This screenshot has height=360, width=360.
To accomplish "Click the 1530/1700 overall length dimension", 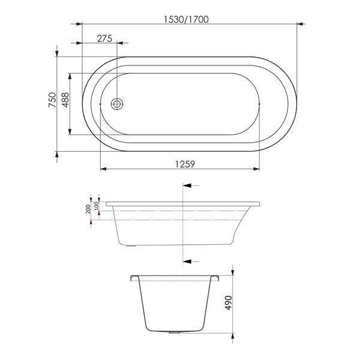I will point(186,19).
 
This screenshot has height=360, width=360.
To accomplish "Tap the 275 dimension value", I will point(104,38).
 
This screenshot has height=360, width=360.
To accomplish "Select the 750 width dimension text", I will point(52,100).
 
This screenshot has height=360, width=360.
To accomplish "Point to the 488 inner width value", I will point(65,100).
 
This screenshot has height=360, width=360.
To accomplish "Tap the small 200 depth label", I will point(88,208).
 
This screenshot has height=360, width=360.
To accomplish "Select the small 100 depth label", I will point(97,206).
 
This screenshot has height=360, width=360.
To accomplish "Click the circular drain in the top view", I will point(118,103).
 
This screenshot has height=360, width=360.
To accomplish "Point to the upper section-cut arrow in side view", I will point(187,187).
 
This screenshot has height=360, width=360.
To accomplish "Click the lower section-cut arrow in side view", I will point(187,261).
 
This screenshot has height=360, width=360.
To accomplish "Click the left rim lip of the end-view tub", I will point(133,278).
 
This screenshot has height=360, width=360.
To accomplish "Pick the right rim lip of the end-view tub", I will point(215,278).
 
